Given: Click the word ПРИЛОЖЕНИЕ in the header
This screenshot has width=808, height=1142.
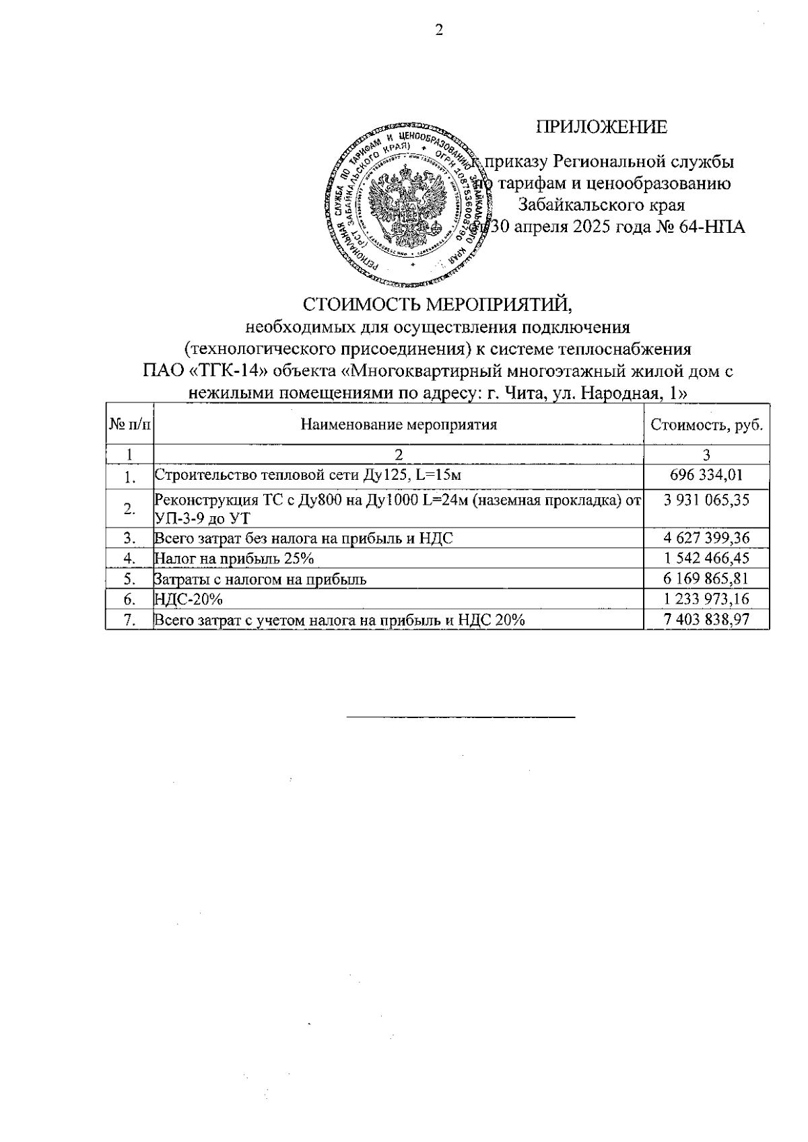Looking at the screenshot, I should point(601,127).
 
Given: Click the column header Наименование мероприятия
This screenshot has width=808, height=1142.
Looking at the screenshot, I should point(399,425).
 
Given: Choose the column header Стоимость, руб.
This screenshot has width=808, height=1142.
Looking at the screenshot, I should point(706,425).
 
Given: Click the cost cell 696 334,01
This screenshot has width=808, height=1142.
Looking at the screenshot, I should point(706,475).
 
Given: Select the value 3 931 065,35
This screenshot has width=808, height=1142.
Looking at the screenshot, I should point(706,500).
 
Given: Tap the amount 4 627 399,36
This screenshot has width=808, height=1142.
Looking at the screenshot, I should point(706,538).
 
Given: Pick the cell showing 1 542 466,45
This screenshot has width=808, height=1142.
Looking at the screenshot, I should point(706,558).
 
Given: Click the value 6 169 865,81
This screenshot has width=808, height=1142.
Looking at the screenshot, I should point(706,578).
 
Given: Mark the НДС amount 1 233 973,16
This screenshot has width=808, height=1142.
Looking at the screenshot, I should point(706,599).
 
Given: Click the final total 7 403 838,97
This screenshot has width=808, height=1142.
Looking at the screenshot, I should point(706,619).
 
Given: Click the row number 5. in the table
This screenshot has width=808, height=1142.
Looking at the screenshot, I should point(130,579).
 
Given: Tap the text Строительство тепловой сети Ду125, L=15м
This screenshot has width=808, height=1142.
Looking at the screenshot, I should point(308,476).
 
